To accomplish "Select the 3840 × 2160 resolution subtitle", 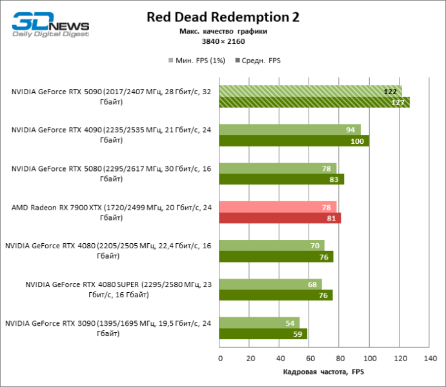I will tap(223, 41).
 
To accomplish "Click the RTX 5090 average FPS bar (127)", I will tap(314, 102).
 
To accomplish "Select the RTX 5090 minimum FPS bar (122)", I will tap(310, 91).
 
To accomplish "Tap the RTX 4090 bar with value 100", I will tap(294, 141).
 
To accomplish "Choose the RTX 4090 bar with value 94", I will tap(290, 130).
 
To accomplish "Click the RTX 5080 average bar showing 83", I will tap(281, 179).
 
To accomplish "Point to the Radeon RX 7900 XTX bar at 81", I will tap(280, 218).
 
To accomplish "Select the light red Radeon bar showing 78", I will tap(278, 207).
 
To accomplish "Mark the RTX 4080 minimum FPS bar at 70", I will tap(272, 246).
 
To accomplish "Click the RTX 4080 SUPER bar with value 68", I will tap(270, 284).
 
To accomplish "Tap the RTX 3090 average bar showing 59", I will tap(263, 334).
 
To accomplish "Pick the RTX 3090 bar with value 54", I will tap(259, 323).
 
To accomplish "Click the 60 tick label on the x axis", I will tap(309, 359).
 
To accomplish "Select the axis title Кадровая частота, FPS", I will tap(324, 372).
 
